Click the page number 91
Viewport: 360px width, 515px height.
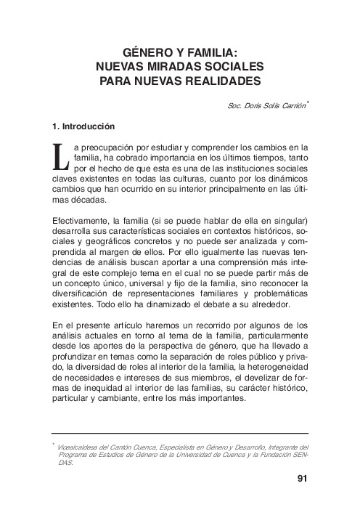point(303,479)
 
